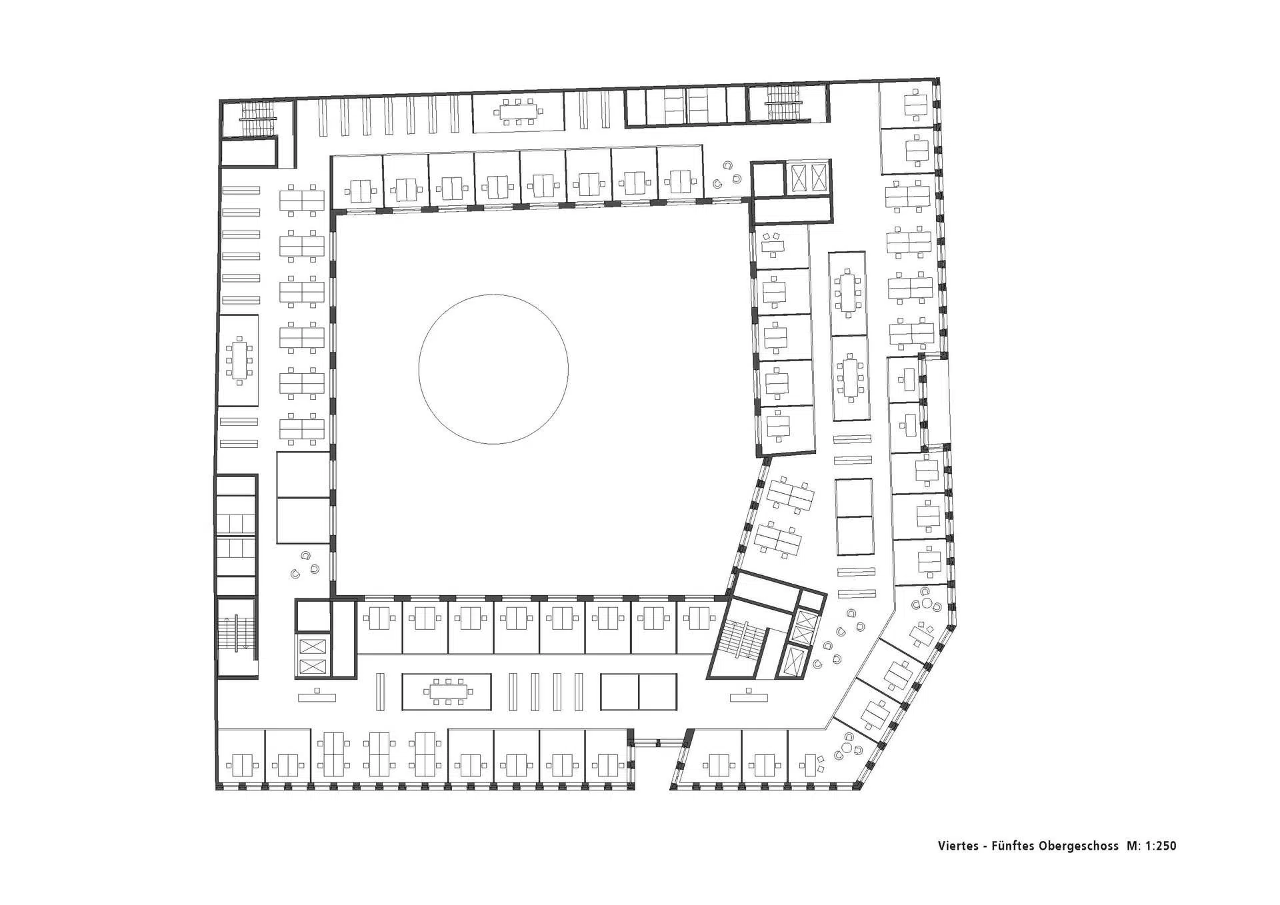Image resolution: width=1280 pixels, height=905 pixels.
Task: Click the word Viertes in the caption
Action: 957,846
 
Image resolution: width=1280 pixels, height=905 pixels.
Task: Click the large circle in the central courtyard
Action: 493,369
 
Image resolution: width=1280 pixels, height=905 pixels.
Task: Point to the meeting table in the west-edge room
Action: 239,361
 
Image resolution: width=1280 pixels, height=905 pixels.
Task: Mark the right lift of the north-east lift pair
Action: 817,178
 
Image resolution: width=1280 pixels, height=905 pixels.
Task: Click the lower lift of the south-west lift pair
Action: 313,666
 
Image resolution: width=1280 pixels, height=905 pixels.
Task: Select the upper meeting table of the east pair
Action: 848,293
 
